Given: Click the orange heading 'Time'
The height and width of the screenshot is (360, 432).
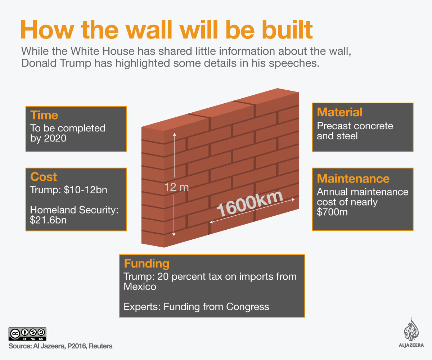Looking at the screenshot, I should point(44,115).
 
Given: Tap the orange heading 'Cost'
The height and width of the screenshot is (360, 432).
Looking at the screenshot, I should point(44,177).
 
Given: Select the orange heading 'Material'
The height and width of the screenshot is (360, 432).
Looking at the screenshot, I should point(340,112).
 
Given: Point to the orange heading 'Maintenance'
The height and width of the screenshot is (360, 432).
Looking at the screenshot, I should point(353,179).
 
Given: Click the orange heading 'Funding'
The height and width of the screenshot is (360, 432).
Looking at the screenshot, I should point(147,264).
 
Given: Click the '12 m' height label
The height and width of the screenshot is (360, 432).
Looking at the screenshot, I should point(176,187).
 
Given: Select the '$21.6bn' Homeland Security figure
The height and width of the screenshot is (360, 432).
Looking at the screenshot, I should point(46,220).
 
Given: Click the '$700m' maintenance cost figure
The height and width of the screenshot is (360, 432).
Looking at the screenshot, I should point(332,212).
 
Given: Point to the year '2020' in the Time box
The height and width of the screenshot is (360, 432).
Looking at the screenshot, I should point(55,138).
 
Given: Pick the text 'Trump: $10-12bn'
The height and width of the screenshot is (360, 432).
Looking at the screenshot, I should point(69,190).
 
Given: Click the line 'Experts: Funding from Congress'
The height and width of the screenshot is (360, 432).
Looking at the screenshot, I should point(196,307).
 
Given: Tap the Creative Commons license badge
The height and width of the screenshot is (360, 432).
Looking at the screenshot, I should point(27,334).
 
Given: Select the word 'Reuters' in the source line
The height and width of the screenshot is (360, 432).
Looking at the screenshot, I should point(100,346).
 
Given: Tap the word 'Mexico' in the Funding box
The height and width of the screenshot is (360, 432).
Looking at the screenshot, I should point(140,287).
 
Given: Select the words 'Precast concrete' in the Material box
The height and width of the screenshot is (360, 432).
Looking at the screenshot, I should point(355,126).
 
